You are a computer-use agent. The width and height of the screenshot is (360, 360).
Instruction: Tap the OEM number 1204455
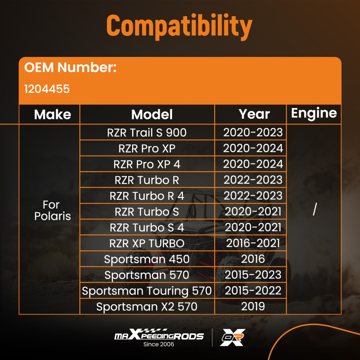[x=47, y=89]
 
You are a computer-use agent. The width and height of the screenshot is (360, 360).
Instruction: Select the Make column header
[x=53, y=115]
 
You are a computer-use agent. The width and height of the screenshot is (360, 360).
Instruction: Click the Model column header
[x=152, y=114]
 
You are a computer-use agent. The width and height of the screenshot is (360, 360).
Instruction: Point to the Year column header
[x=254, y=114]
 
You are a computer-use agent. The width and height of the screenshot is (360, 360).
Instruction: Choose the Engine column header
[x=314, y=113]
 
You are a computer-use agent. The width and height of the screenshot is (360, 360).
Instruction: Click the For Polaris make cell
[x=52, y=211]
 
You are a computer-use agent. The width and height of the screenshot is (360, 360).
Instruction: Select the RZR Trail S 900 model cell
[x=147, y=132]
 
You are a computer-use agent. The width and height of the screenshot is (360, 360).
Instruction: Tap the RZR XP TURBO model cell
[x=147, y=243]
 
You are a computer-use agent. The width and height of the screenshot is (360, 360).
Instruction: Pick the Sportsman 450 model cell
[x=147, y=259]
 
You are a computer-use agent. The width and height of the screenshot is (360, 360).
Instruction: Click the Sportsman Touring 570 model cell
[x=147, y=291]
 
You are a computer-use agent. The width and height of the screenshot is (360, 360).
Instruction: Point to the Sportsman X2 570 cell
[x=147, y=307]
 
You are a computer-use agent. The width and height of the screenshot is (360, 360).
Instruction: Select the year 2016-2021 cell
[x=253, y=243]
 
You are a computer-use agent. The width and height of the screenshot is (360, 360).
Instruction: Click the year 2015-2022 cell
[x=253, y=291]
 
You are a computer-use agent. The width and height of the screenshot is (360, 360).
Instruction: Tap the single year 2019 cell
[x=253, y=307]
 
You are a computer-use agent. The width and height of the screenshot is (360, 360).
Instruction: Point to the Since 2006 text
[x=159, y=345]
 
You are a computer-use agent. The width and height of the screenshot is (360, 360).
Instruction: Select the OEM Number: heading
[x=70, y=68]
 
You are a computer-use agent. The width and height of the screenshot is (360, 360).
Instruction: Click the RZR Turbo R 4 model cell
[x=147, y=196]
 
